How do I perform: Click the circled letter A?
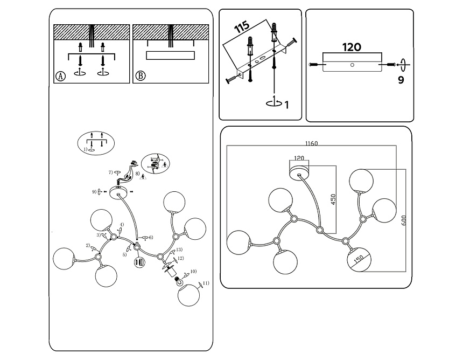(x=60, y=76)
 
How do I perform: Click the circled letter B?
(x=140, y=76)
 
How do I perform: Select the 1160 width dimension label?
(x=311, y=144)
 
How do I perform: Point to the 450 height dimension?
(x=333, y=200)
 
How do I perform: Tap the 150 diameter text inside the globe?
(x=359, y=260)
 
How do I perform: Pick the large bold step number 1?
(x=286, y=105)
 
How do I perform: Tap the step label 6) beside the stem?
(x=151, y=237)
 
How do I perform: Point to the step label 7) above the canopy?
(x=110, y=172)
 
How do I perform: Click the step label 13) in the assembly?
(x=179, y=250)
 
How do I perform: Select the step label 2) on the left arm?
(x=87, y=246)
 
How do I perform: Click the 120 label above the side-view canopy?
(x=352, y=47)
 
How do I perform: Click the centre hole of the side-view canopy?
(x=352, y=65)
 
